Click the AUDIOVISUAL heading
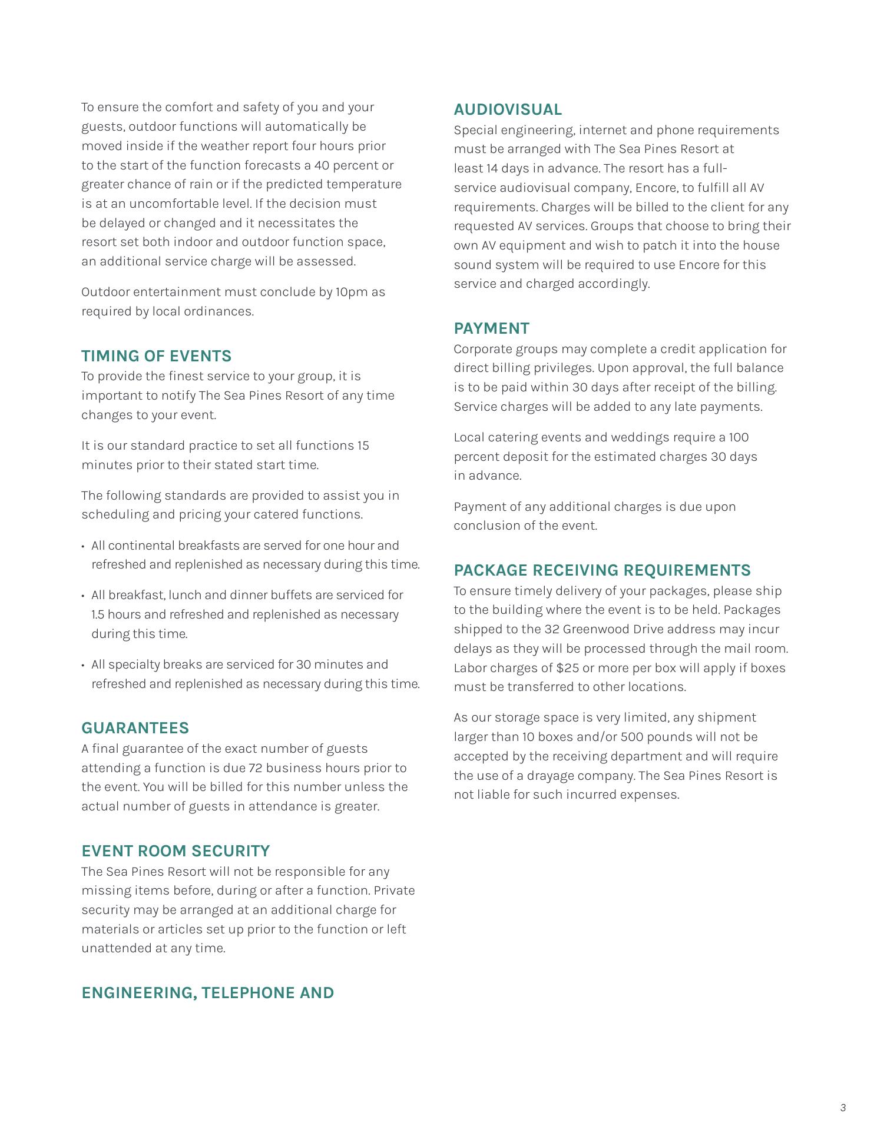click(508, 110)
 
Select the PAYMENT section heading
click(491, 328)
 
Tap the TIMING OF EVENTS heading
click(156, 356)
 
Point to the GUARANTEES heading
click(135, 728)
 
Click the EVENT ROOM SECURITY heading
click(176, 851)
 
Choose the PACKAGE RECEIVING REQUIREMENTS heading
click(602, 570)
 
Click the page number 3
click(843, 1108)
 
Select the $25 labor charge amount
click(567, 668)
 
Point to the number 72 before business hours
click(255, 768)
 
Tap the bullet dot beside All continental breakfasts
click(83, 546)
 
